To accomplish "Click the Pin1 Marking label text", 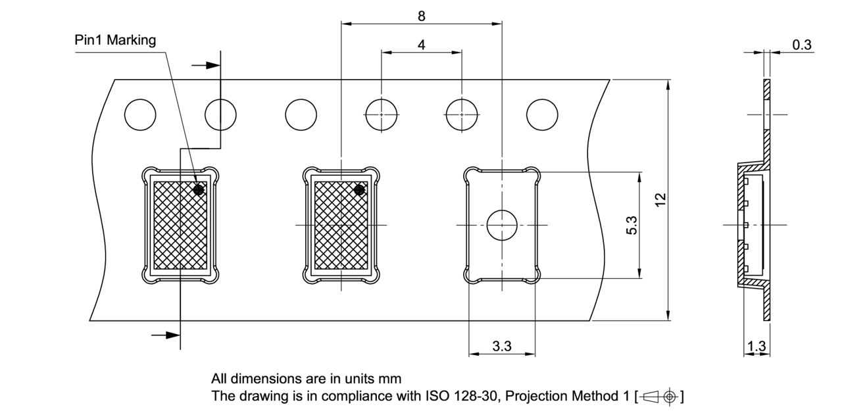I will click(115, 40).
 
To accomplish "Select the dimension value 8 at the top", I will click(421, 16).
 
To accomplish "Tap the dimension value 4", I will click(421, 45).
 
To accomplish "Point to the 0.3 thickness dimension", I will click(802, 45).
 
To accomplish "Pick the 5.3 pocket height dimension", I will click(631, 225).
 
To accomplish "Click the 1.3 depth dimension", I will click(757, 347).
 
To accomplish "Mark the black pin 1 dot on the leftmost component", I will click(199, 189).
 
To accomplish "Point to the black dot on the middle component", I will click(359, 190).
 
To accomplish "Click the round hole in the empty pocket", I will click(502, 225).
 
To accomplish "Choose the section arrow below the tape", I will click(166, 335).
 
